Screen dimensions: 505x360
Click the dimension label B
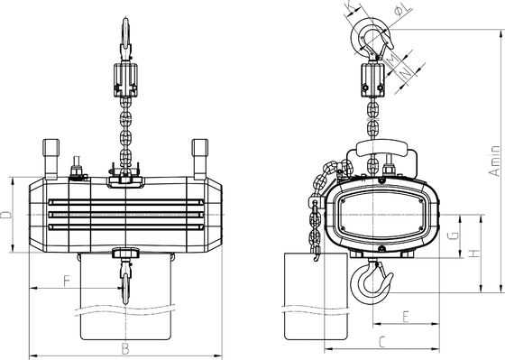[125, 348]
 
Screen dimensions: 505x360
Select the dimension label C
[382, 342]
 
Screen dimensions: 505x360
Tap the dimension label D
[5, 215]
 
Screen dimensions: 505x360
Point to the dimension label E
[406, 317]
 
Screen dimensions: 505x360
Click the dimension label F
[67, 281]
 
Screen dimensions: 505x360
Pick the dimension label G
[454, 235]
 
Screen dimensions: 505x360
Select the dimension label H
[473, 254]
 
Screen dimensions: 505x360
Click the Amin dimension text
[495, 161]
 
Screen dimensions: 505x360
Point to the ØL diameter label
[402, 9]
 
